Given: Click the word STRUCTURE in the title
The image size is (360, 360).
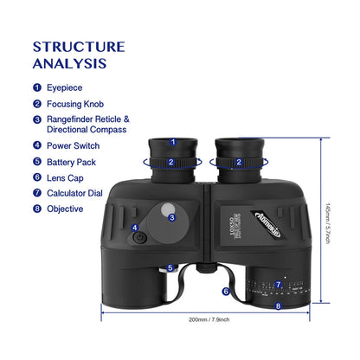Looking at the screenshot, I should click(x=79, y=47).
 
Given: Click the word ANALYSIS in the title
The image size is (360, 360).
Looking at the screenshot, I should click(x=70, y=63).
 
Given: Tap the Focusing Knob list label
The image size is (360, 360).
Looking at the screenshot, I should click(x=79, y=103).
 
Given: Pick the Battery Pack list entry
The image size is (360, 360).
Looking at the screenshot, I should click(x=75, y=161).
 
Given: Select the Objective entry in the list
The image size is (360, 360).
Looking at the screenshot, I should click(x=66, y=208).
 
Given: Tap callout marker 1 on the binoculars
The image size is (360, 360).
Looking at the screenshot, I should click(x=172, y=143).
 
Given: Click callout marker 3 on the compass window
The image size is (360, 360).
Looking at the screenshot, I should click(x=172, y=216).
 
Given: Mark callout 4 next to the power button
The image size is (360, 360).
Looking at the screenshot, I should click(x=134, y=228).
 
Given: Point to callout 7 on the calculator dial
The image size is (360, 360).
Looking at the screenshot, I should click(x=278, y=284).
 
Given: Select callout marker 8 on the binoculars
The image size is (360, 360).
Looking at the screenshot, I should click(x=278, y=305).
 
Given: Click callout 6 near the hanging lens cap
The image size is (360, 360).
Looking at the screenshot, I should click(x=225, y=292).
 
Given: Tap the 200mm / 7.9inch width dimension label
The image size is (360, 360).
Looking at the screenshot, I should click(x=210, y=319).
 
